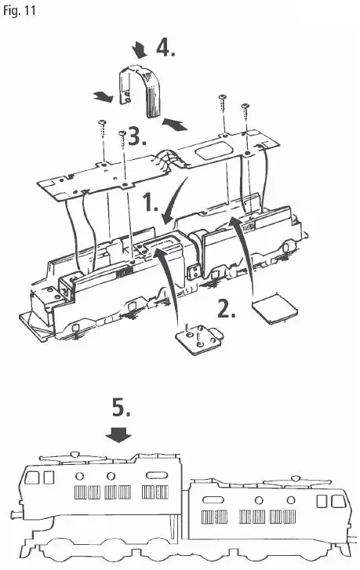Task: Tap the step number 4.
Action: click(165, 49)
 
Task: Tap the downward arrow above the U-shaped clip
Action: click(140, 51)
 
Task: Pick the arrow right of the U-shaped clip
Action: click(177, 122)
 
